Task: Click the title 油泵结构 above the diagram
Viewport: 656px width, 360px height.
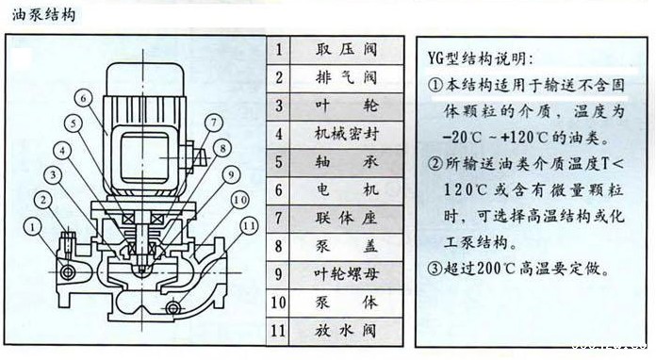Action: tap(39, 16)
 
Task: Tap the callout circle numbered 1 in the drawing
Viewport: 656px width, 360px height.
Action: tap(33, 225)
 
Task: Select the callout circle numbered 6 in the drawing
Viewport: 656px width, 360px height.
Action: tap(82, 97)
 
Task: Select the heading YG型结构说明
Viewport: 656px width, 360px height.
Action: tap(480, 57)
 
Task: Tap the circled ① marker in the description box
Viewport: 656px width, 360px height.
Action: tap(435, 86)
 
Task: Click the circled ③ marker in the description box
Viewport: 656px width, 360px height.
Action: tap(435, 268)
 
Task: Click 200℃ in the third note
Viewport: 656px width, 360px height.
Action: tap(504, 268)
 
